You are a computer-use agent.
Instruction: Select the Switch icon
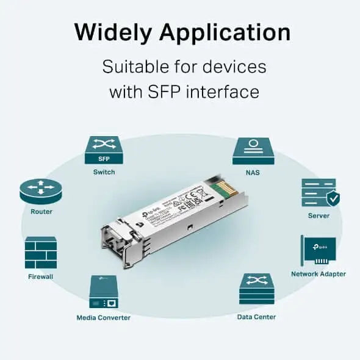pyautogui.click(x=104, y=149)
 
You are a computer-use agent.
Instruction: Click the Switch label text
pyautogui.click(x=104, y=173)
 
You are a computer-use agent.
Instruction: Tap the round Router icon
pyautogui.click(x=41, y=191)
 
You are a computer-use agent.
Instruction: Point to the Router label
pyautogui.click(x=41, y=212)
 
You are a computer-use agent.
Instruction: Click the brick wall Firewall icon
pyautogui.click(x=41, y=252)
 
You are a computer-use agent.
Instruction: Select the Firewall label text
pyautogui.click(x=41, y=276)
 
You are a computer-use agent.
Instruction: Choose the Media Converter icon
pyautogui.click(x=104, y=292)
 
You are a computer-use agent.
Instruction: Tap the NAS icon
pyautogui.click(x=253, y=150)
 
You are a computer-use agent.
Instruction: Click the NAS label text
pyautogui.click(x=253, y=173)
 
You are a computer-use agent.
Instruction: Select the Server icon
pyautogui.click(x=319, y=192)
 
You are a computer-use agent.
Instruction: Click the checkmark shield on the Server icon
pyautogui.click(x=333, y=199)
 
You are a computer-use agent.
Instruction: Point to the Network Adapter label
pyautogui.click(x=319, y=275)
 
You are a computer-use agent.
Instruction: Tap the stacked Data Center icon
pyautogui.click(x=256, y=289)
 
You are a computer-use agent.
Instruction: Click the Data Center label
pyautogui.click(x=256, y=317)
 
